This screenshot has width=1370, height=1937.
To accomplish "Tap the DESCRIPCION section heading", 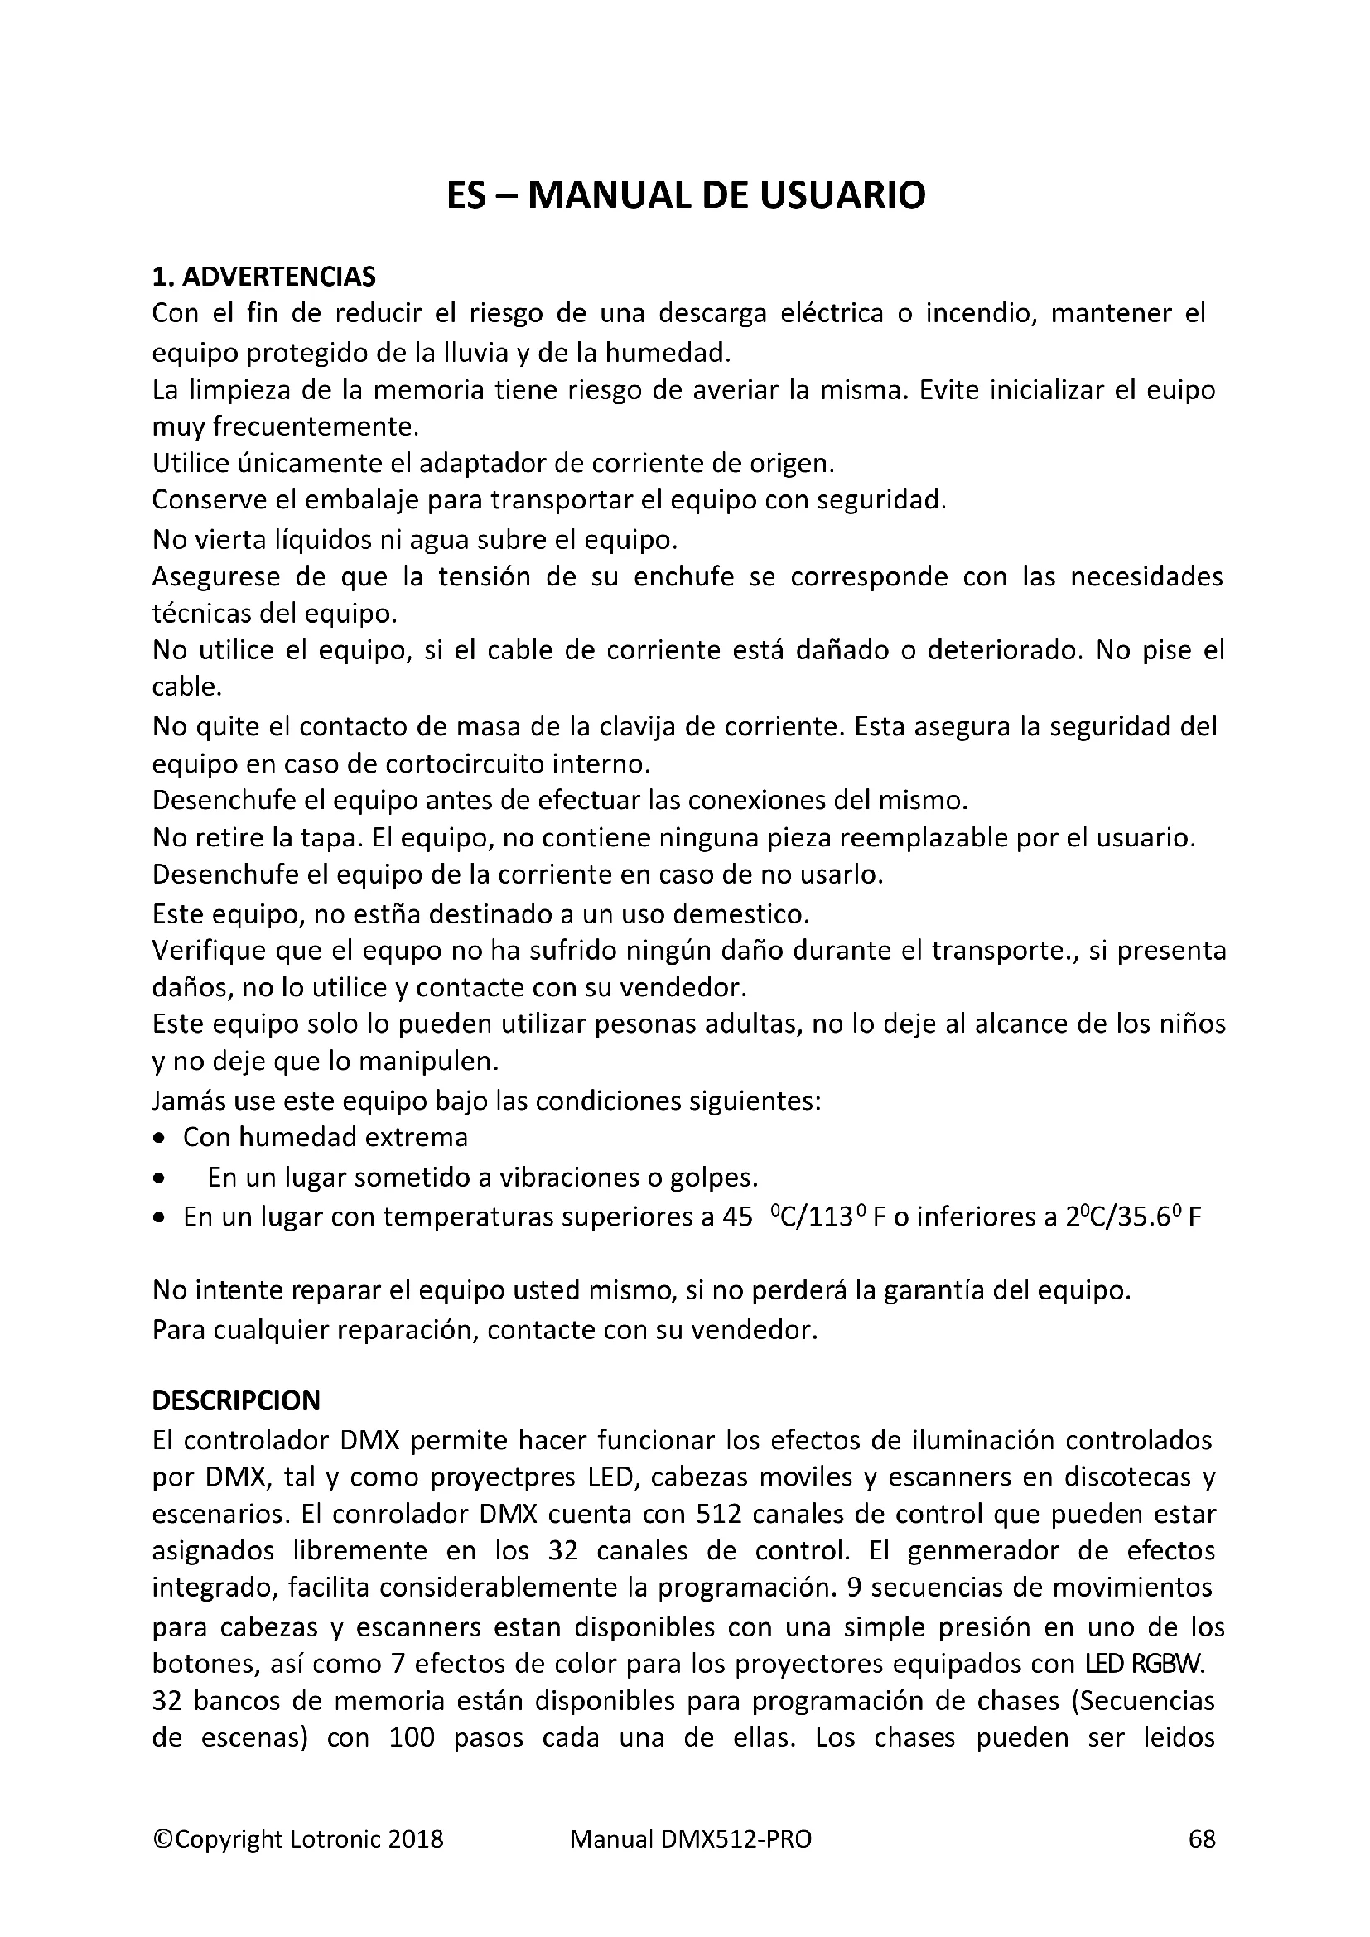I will click(x=235, y=1401).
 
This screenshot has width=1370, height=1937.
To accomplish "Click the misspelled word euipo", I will click(x=1180, y=391).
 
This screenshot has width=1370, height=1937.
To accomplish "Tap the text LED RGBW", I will click(x=1142, y=1664).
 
